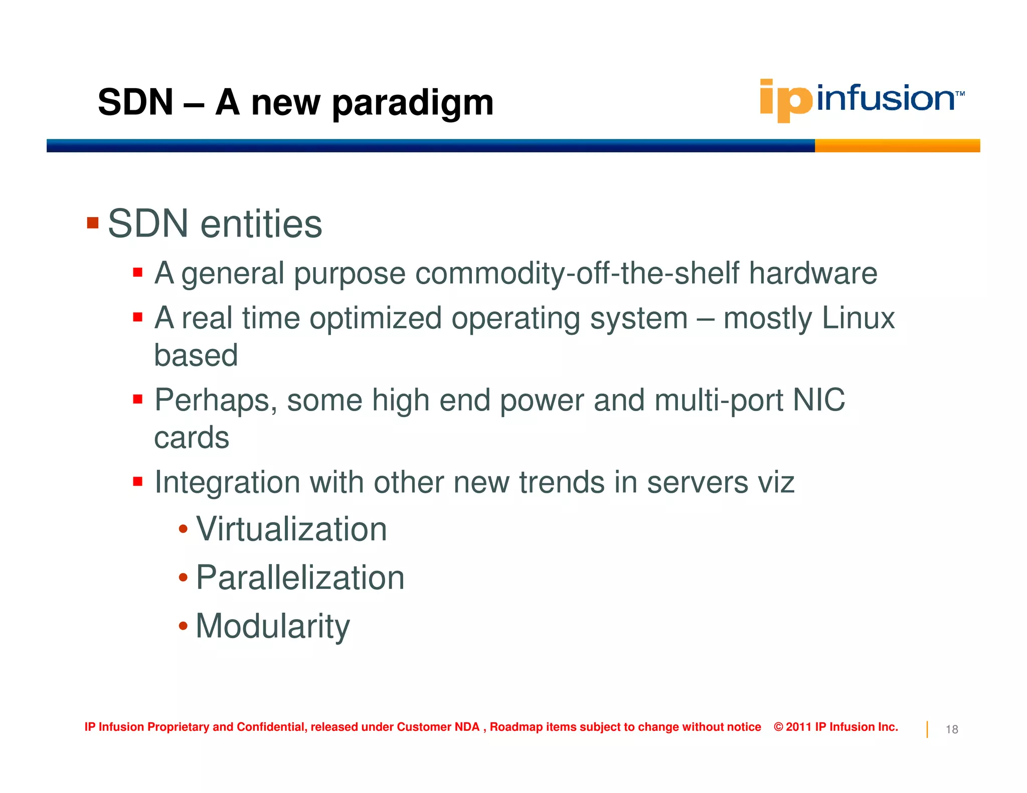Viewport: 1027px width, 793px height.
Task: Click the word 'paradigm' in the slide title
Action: (x=413, y=103)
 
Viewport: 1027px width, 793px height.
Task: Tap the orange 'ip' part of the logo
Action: (x=785, y=100)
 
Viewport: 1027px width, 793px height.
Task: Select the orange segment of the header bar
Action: (x=897, y=146)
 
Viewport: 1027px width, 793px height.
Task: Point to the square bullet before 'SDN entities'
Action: (x=93, y=223)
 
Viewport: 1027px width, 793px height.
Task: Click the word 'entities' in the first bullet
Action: (x=261, y=224)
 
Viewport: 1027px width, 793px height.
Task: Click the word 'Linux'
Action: (x=858, y=318)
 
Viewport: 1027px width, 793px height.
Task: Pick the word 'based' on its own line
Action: (x=196, y=355)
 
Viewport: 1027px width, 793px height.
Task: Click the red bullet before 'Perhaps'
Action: (x=138, y=400)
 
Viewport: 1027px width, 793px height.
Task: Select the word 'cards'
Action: (x=192, y=438)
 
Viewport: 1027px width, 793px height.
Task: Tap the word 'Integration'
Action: (x=227, y=483)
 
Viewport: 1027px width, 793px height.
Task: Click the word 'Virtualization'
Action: (x=291, y=529)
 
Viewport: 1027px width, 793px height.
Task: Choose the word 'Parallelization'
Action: (x=300, y=578)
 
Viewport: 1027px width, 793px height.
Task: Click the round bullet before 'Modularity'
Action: (x=183, y=626)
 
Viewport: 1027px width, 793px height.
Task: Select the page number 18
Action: (x=952, y=729)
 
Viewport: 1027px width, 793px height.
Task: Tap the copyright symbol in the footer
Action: (x=778, y=727)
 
